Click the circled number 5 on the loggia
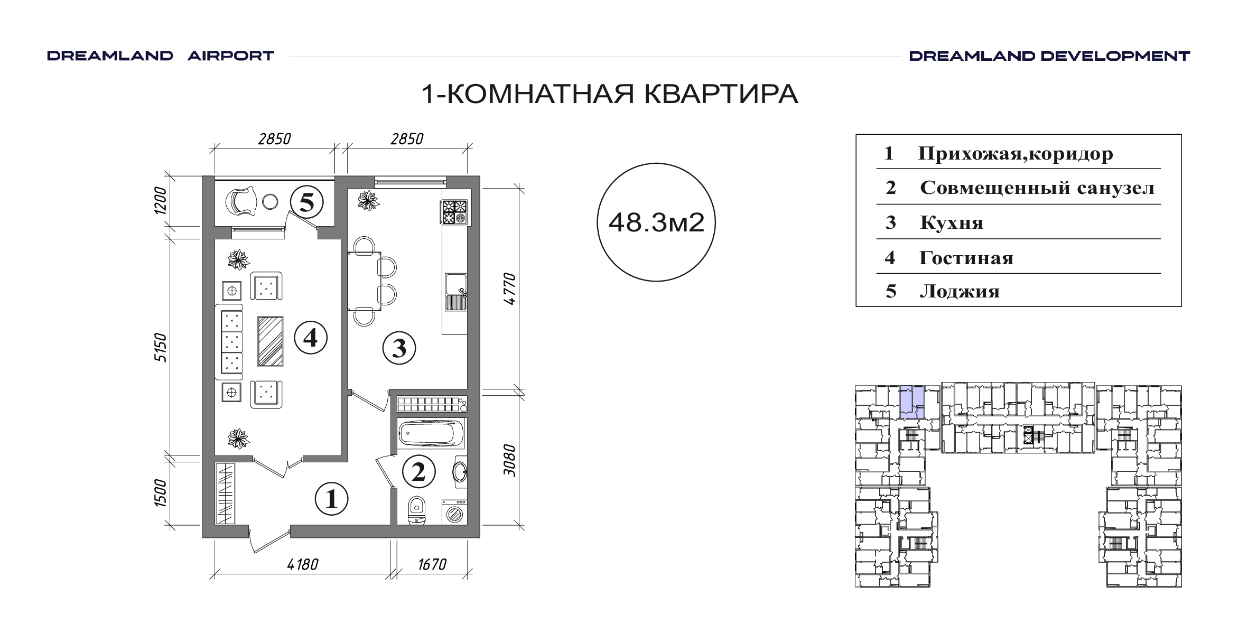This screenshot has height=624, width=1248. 307,202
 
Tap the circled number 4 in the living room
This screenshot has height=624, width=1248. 311,338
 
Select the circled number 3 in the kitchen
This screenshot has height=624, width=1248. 399,348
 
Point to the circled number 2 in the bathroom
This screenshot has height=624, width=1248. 418,472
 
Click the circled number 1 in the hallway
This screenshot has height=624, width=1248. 331,499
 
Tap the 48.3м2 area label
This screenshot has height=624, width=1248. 656,222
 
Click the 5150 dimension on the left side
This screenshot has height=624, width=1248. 161,347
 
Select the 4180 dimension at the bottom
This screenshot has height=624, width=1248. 303,565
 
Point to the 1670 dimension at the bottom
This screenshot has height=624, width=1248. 432,565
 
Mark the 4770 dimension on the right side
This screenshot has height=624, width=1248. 509,288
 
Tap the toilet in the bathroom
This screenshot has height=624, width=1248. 417,510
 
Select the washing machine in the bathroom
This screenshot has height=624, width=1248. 454,511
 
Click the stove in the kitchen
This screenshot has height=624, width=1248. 455,213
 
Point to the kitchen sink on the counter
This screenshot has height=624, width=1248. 455,292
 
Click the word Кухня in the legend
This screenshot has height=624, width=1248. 952,223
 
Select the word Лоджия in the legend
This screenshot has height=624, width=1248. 960,292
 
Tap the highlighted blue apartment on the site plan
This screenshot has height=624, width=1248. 912,402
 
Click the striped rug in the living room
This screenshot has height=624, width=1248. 271,341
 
